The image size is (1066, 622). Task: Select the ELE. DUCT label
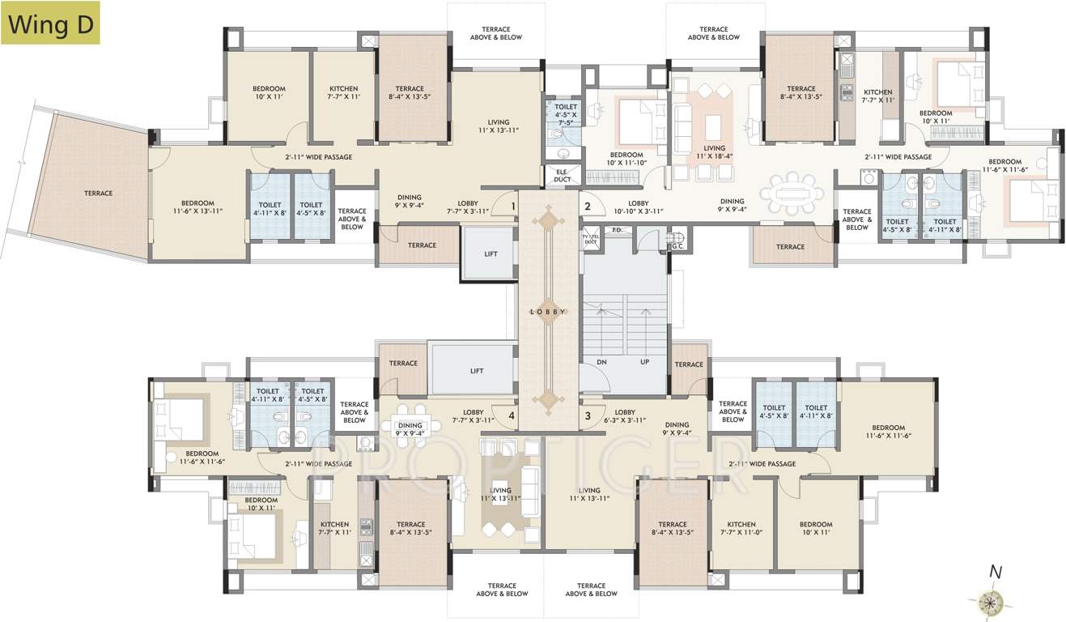click(x=562, y=176)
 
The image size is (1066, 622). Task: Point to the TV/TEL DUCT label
click(x=590, y=239)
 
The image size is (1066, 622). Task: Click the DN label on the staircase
click(x=601, y=362)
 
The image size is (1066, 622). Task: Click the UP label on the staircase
click(x=644, y=362)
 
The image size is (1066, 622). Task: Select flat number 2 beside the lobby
click(x=588, y=207)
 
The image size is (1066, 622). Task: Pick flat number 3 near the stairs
click(x=588, y=416)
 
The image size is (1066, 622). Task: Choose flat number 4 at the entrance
click(x=512, y=416)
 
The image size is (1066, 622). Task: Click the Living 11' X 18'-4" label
click(x=714, y=153)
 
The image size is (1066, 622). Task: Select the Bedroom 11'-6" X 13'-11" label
click(x=197, y=207)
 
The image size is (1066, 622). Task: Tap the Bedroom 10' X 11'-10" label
click(x=626, y=160)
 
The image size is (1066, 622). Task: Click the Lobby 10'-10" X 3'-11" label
click(x=639, y=207)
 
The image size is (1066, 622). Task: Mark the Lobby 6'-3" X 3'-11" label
click(x=624, y=416)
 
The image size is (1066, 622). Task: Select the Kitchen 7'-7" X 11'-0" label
click(x=741, y=529)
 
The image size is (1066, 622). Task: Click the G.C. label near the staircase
click(x=677, y=236)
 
